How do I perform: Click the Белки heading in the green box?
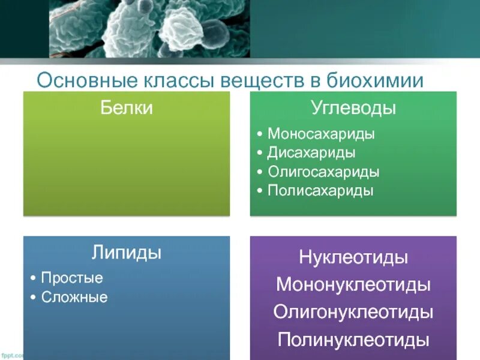tap(126, 108)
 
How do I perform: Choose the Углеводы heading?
tap(353, 109)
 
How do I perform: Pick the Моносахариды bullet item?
tap(321, 134)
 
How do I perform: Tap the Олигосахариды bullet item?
tap(323, 172)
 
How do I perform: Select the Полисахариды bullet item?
tap(320, 191)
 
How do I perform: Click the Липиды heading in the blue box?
tap(126, 253)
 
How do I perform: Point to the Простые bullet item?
tap(72, 278)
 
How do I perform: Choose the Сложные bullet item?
tap(74, 297)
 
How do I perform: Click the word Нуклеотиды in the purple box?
tap(353, 258)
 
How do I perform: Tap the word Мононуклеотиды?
tap(353, 284)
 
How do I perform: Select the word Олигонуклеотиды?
tap(353, 312)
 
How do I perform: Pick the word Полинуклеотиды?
tap(353, 340)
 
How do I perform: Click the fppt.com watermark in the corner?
tap(11, 356)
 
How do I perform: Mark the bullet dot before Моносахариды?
tap(259, 134)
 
